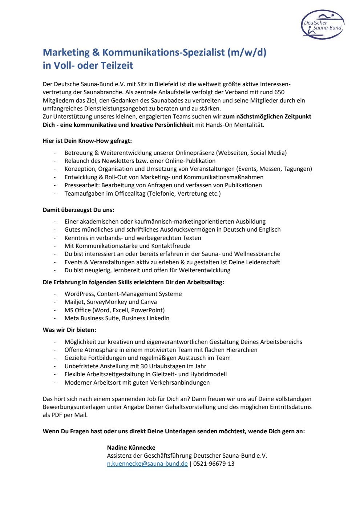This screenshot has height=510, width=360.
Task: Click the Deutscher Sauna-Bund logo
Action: tap(323, 25)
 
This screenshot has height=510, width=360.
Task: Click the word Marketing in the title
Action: tap(66, 52)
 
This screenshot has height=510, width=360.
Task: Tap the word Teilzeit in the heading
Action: tap(117, 65)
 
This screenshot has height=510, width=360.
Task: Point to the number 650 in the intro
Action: tap(279, 92)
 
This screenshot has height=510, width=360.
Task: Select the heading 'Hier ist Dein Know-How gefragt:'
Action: tap(87, 141)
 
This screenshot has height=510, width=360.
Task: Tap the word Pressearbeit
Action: tap(81, 185)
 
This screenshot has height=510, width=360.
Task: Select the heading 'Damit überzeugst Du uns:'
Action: tap(78, 210)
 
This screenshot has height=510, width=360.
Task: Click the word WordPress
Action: tap(79, 294)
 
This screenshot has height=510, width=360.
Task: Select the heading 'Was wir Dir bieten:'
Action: tap(69, 330)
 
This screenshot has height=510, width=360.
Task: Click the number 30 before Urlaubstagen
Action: tap(144, 366)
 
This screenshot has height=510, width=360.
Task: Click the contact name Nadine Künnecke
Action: tap(131, 447)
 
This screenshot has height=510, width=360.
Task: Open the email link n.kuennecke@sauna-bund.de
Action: tap(147, 463)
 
